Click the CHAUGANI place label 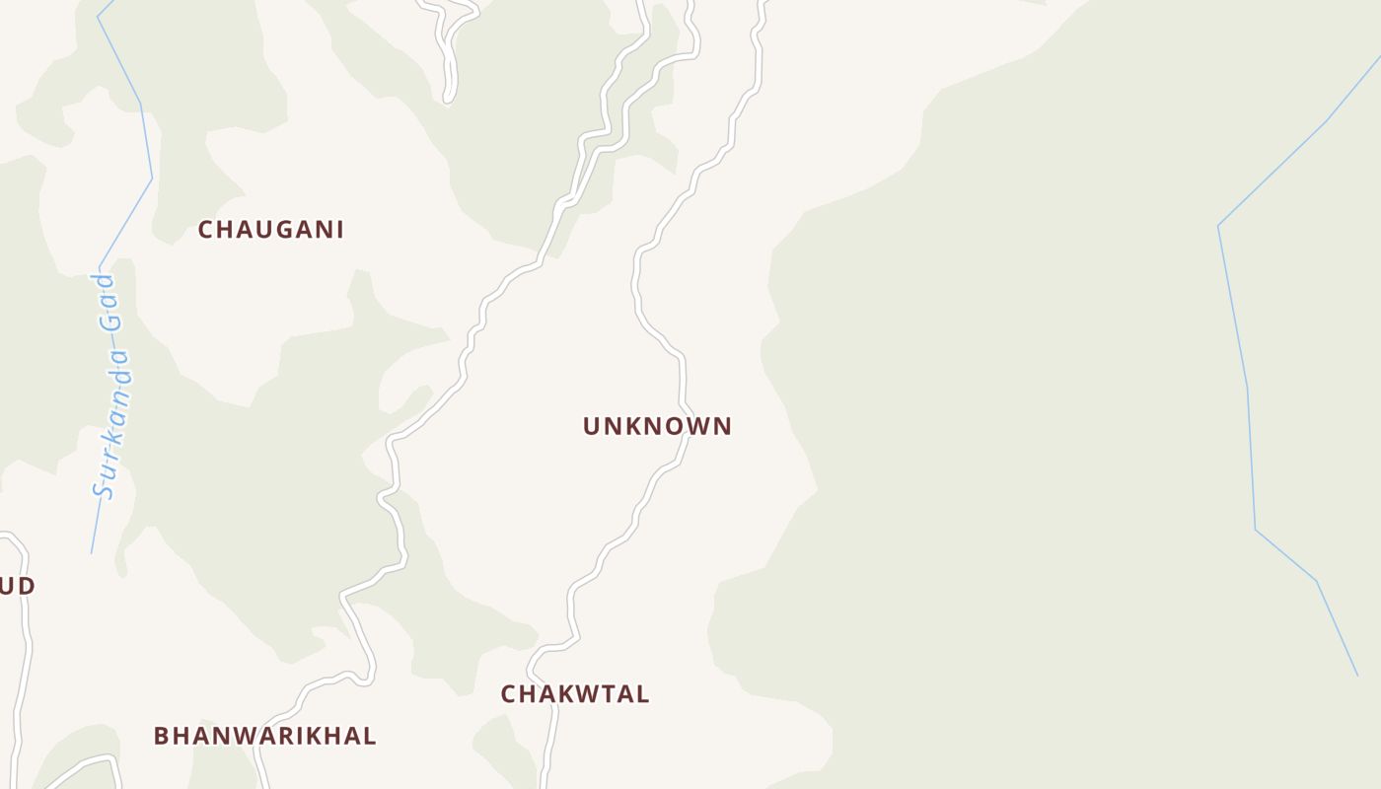(x=270, y=230)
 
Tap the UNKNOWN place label (x=657, y=426)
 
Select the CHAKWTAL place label (x=574, y=694)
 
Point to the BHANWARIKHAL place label (x=264, y=736)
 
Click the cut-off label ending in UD (x=17, y=586)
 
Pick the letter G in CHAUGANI (x=271, y=230)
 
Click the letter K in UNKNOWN (x=630, y=426)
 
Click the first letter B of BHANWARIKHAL (x=162, y=736)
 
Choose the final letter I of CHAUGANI (x=339, y=230)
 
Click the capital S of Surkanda (x=104, y=488)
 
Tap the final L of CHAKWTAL (x=643, y=694)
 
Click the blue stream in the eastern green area (x=1248, y=394)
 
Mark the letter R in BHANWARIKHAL (x=286, y=736)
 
